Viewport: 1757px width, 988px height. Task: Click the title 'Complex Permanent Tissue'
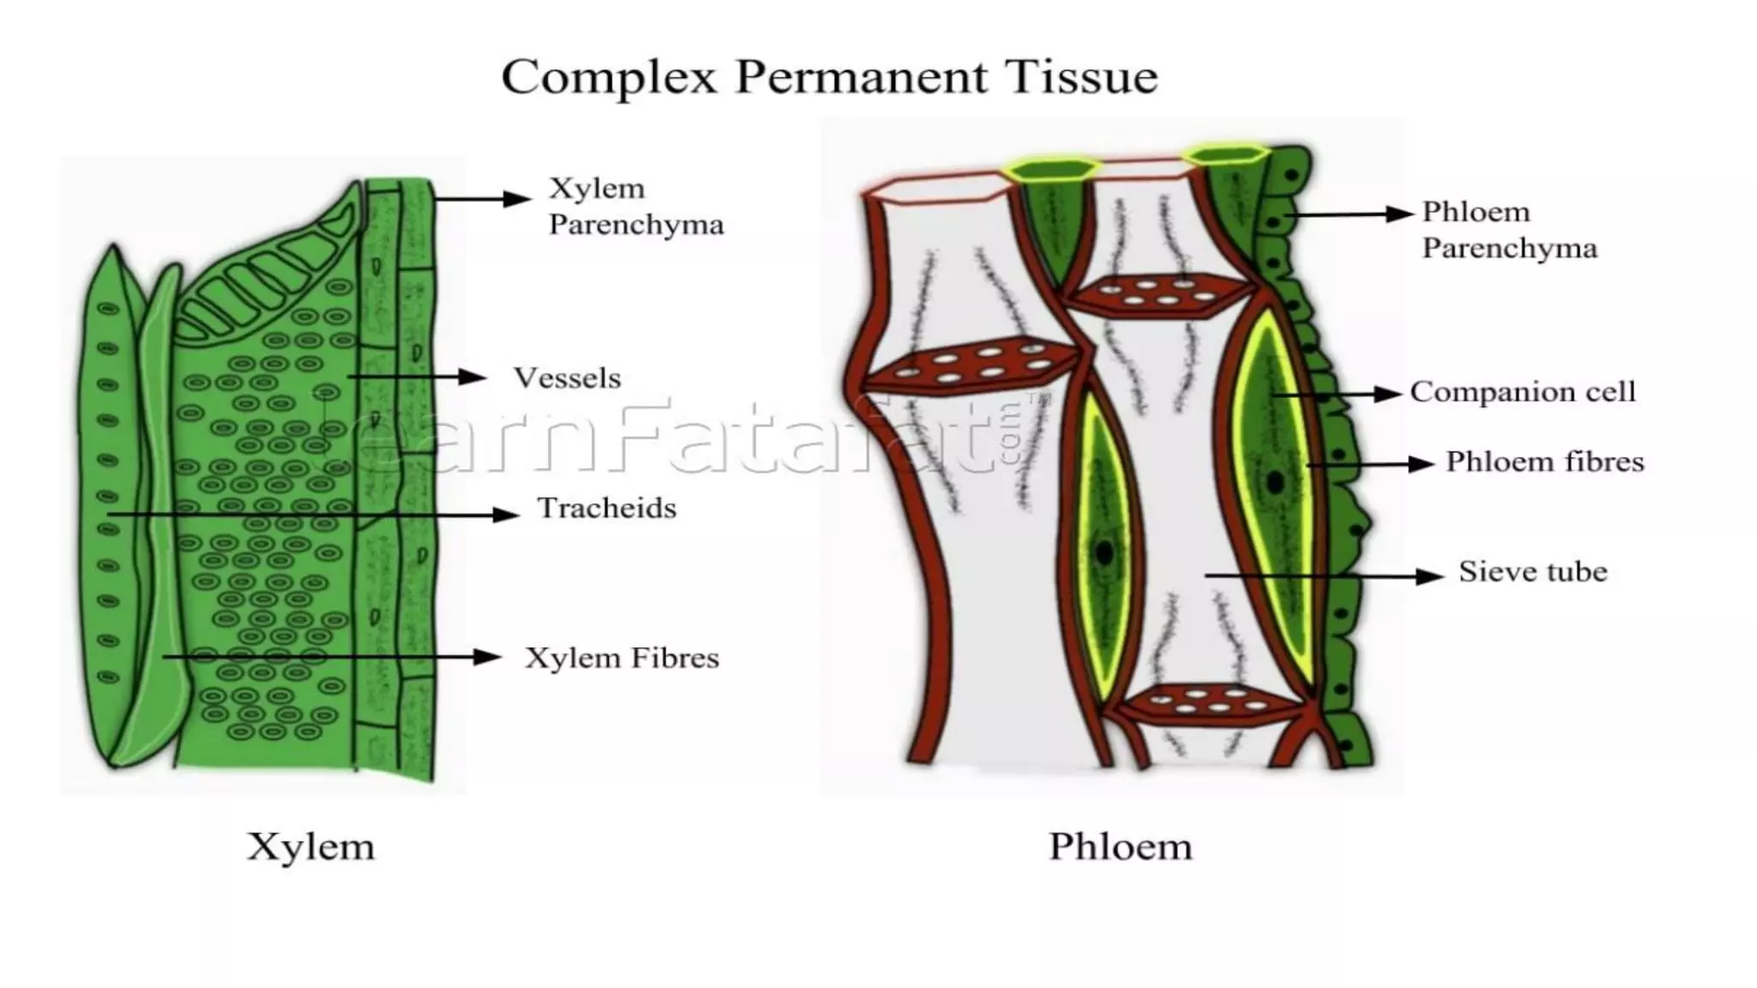[829, 77]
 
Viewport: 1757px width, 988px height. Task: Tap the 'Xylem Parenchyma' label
[636, 207]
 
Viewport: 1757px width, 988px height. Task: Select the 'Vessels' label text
[566, 378]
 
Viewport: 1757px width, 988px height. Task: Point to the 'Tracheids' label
[607, 509]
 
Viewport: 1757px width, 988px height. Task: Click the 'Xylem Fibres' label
[622, 659]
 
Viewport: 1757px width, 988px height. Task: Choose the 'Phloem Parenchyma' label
[1509, 230]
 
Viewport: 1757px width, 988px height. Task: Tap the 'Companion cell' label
[1523, 392]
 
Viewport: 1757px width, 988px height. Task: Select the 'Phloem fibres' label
[1544, 462]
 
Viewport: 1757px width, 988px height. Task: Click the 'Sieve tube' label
[1532, 572]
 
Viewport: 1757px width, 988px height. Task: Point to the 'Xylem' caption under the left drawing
[311, 847]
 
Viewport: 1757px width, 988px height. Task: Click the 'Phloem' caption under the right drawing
[1120, 847]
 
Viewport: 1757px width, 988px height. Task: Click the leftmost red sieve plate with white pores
[969, 366]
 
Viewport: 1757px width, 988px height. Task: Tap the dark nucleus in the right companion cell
[1276, 482]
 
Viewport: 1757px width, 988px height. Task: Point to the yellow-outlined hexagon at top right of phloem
[1224, 155]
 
